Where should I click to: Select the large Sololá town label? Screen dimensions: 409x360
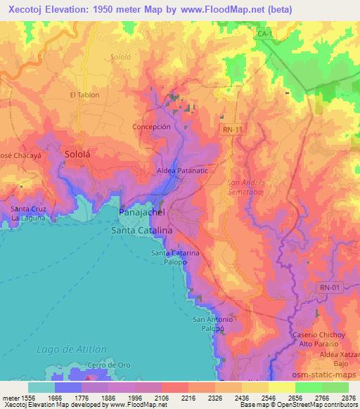click(x=78, y=153)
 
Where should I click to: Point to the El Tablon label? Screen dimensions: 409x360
click(x=84, y=95)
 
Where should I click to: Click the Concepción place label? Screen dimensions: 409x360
click(x=152, y=126)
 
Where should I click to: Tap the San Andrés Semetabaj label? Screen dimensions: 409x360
click(x=244, y=186)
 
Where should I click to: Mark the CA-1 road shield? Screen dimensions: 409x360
click(x=264, y=33)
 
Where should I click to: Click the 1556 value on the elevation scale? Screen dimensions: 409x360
click(x=19, y=398)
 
